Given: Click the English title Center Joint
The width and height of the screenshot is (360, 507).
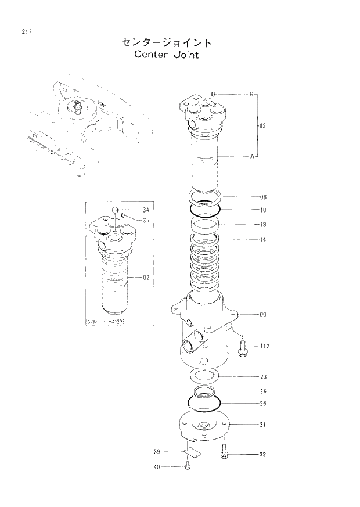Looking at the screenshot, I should click(x=166, y=55).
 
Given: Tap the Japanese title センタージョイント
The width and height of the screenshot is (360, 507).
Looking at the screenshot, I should click(x=166, y=42).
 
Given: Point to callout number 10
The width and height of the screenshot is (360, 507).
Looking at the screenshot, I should click(x=262, y=210).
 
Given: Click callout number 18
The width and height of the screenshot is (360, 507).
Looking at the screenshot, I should click(x=262, y=224).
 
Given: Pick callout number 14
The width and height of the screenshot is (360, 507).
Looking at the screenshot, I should click(x=262, y=239).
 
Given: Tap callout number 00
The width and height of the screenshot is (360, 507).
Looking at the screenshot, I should click(x=262, y=314).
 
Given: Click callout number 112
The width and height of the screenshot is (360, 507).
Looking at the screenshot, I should click(x=264, y=346).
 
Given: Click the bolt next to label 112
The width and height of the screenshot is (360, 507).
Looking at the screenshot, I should click(x=243, y=347).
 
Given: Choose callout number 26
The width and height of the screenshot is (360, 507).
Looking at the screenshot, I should click(x=262, y=404).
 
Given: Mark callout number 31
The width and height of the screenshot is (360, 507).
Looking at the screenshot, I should click(x=262, y=425).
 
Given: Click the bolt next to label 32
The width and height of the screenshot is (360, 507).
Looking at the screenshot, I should click(x=224, y=454).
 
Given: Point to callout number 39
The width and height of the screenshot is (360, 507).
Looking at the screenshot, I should click(x=157, y=451).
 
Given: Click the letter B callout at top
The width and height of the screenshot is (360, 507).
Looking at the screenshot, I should click(x=251, y=94).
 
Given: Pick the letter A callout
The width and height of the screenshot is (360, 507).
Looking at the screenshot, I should click(x=251, y=156).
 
